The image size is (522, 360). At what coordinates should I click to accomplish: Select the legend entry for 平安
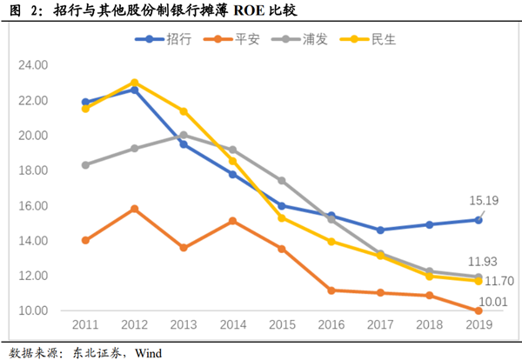[x=231, y=39]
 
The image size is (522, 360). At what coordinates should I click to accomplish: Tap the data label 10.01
[x=492, y=301]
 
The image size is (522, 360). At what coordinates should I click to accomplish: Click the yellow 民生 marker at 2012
[x=134, y=83]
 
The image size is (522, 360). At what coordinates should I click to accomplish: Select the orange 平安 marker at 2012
[x=134, y=209]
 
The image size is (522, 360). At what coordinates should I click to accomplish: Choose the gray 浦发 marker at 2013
[x=184, y=135]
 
